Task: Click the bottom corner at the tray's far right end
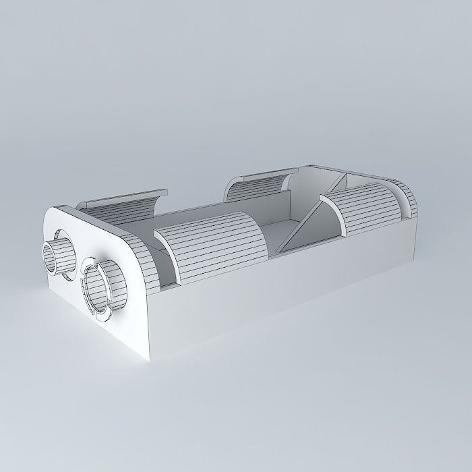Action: [x=413, y=260]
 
